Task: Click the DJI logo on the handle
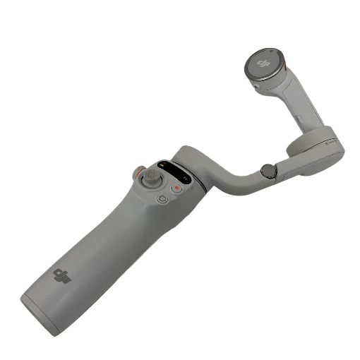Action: pyautogui.click(x=62, y=276)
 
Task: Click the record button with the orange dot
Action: pyautogui.click(x=177, y=188)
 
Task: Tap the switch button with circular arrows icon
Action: pyautogui.click(x=162, y=198)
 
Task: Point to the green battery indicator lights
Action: pyautogui.click(x=162, y=165)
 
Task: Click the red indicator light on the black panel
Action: pyautogui.click(x=164, y=163)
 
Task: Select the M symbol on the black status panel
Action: pyautogui.click(x=186, y=179)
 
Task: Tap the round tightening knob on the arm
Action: pyautogui.click(x=269, y=172)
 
